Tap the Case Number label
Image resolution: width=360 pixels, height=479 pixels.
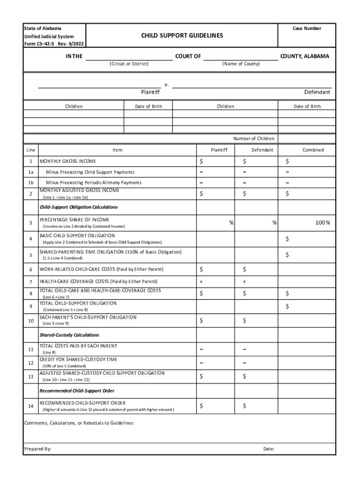307,29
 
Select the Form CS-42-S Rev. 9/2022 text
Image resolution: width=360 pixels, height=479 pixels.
54,44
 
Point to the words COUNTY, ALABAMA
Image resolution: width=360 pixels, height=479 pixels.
304,56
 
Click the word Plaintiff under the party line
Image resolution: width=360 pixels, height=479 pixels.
150,92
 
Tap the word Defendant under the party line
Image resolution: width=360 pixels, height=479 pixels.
317,92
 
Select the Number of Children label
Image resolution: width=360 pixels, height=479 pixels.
254,138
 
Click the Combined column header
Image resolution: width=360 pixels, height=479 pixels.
313,150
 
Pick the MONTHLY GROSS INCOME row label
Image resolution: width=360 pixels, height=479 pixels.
68,161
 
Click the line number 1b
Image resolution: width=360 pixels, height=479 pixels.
30,182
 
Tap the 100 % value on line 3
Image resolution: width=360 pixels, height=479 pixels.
322,223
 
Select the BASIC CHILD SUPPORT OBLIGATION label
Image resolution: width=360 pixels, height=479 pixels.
77,235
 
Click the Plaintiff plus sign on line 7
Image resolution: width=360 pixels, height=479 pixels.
201,282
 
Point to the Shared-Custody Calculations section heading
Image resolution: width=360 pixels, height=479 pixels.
69,335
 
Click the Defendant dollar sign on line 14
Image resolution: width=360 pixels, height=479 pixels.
244,406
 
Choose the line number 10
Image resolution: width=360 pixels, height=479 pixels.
30,321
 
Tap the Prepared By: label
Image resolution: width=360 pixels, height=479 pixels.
37,449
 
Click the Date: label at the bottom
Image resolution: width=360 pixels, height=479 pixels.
269,449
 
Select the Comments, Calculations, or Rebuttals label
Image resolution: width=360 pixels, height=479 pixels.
79,423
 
